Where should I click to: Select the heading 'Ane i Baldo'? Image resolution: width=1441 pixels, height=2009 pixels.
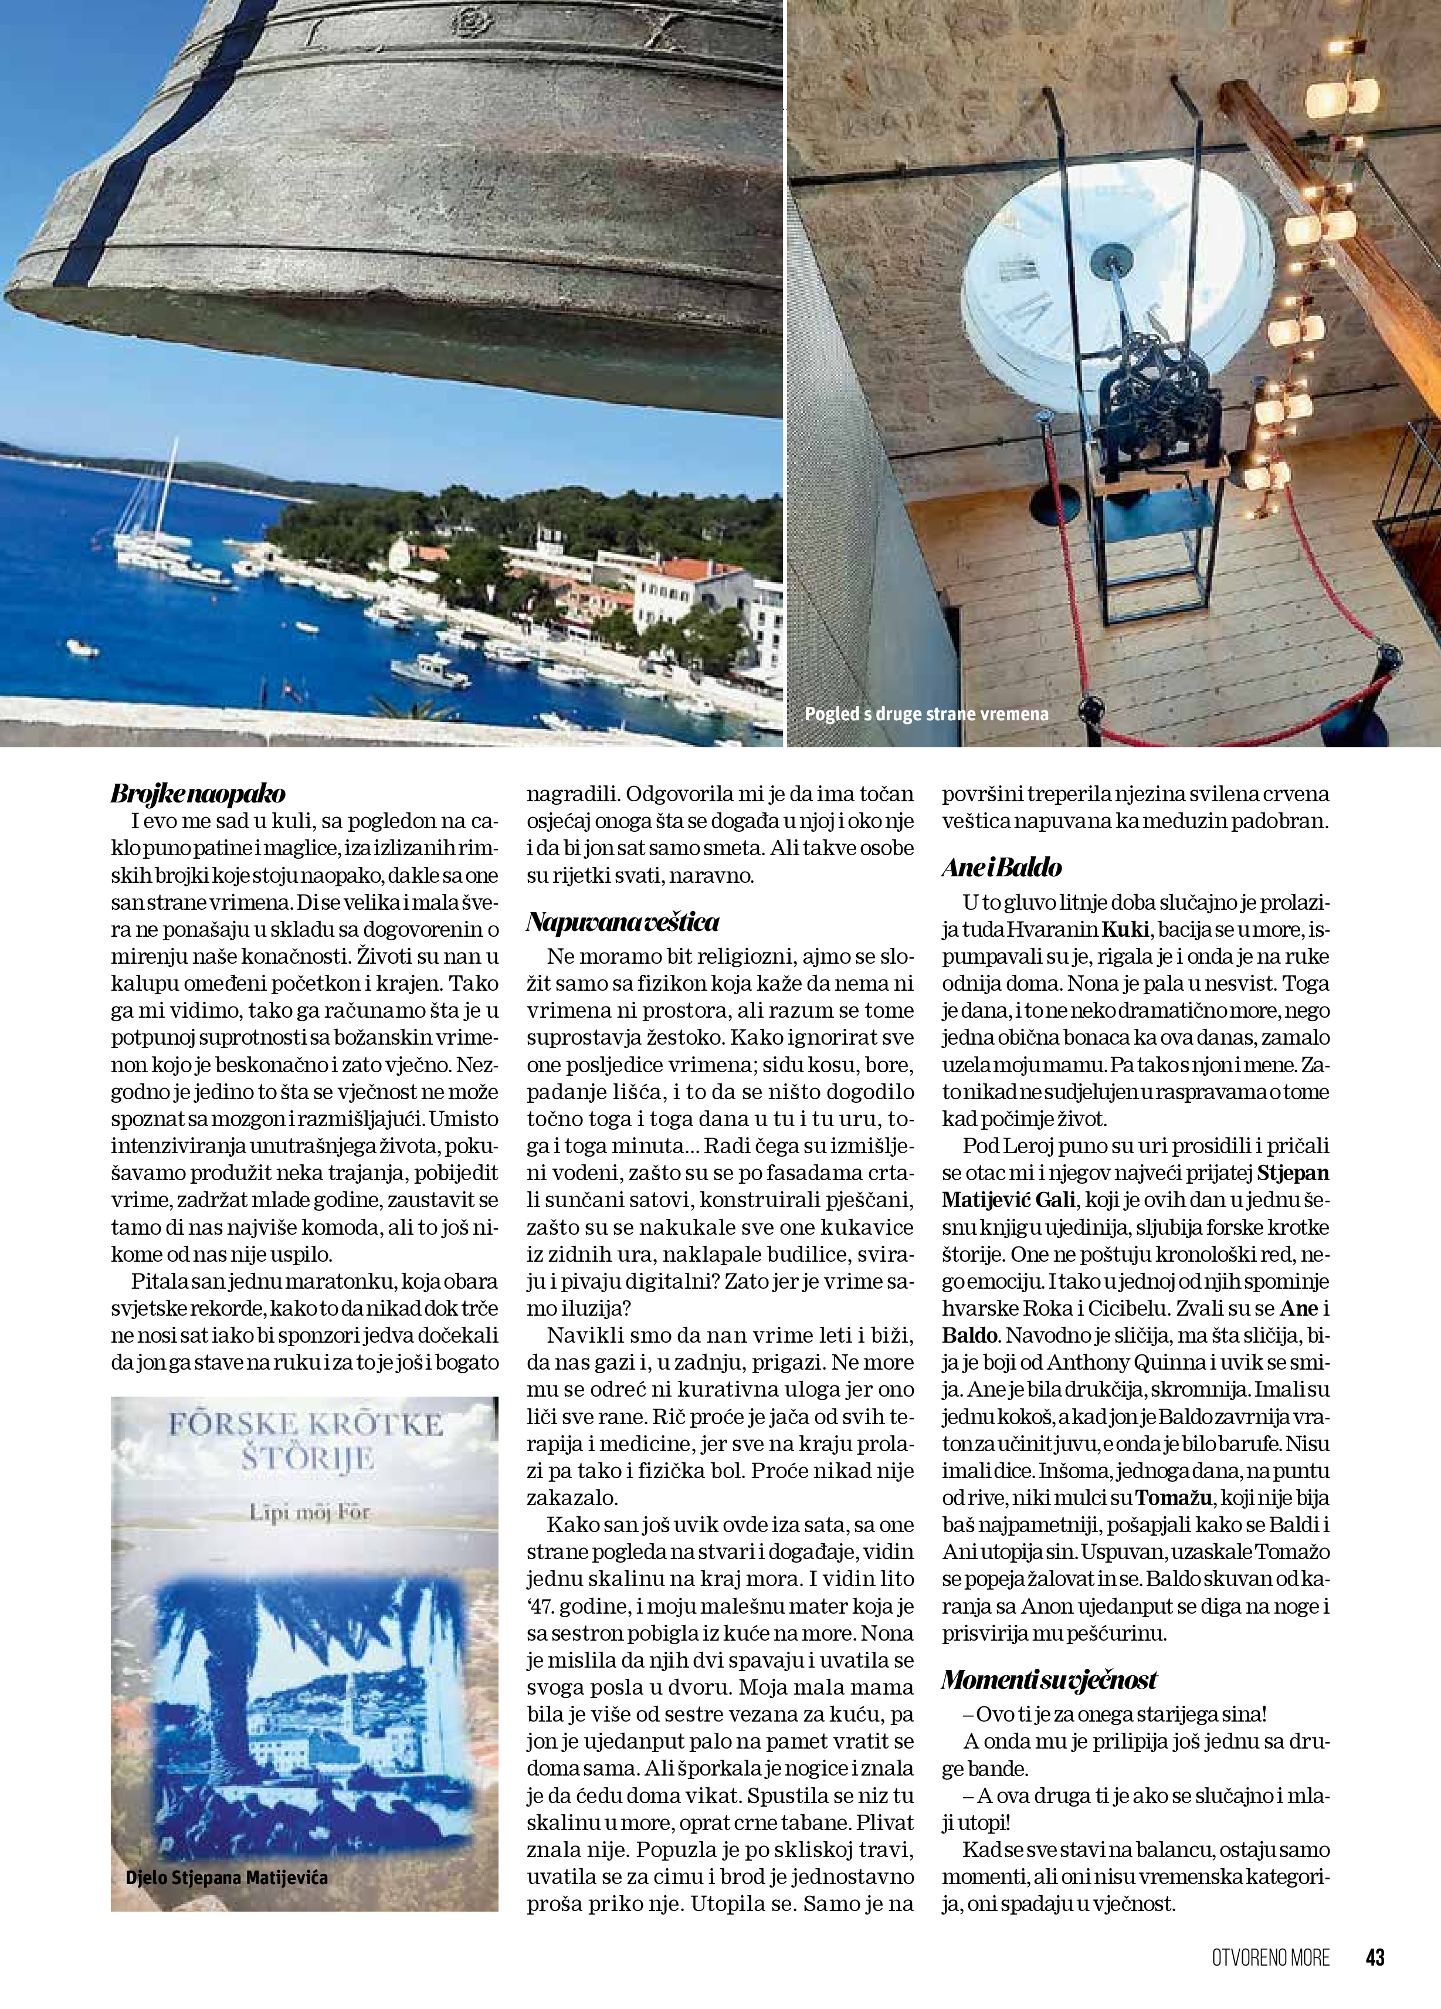tap(1002, 868)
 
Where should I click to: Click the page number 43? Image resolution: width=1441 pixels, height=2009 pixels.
tap(1375, 1957)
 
